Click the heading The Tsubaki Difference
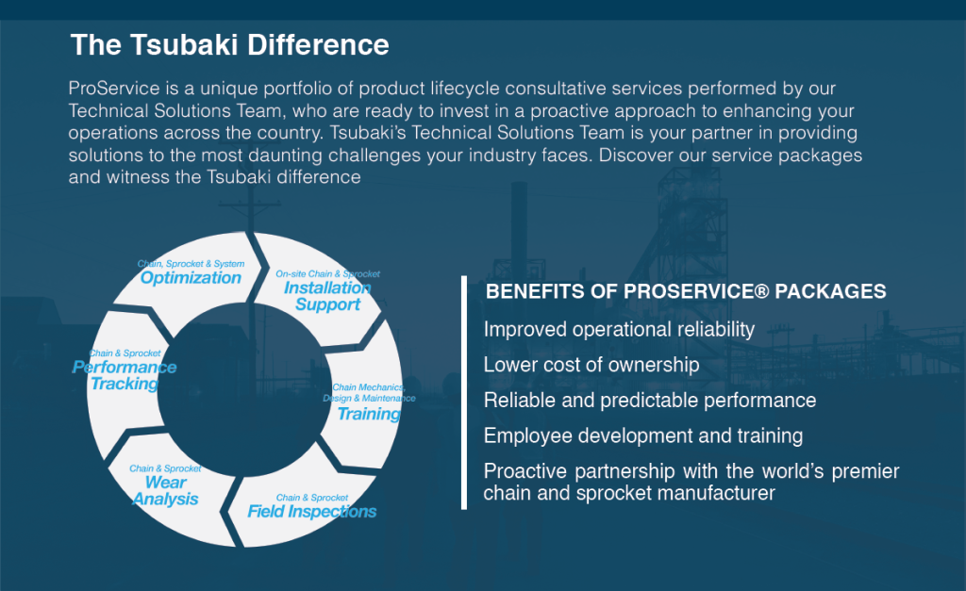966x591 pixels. click(230, 45)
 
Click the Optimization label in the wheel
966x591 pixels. click(191, 278)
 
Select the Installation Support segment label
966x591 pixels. click(327, 296)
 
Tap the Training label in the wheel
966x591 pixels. click(369, 414)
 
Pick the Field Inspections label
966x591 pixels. click(311, 512)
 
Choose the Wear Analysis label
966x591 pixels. click(166, 491)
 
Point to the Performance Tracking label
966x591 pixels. click(125, 375)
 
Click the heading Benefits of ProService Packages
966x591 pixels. click(686, 291)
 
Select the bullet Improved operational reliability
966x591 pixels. click(619, 330)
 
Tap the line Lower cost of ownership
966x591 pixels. click(591, 365)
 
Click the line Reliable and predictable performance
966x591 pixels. click(650, 401)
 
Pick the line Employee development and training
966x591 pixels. click(643, 435)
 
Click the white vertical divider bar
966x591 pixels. click(464, 393)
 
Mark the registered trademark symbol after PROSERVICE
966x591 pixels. click(761, 290)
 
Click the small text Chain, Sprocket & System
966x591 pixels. click(191, 264)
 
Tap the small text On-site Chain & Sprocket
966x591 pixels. click(327, 274)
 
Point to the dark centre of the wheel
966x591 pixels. click(244, 389)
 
